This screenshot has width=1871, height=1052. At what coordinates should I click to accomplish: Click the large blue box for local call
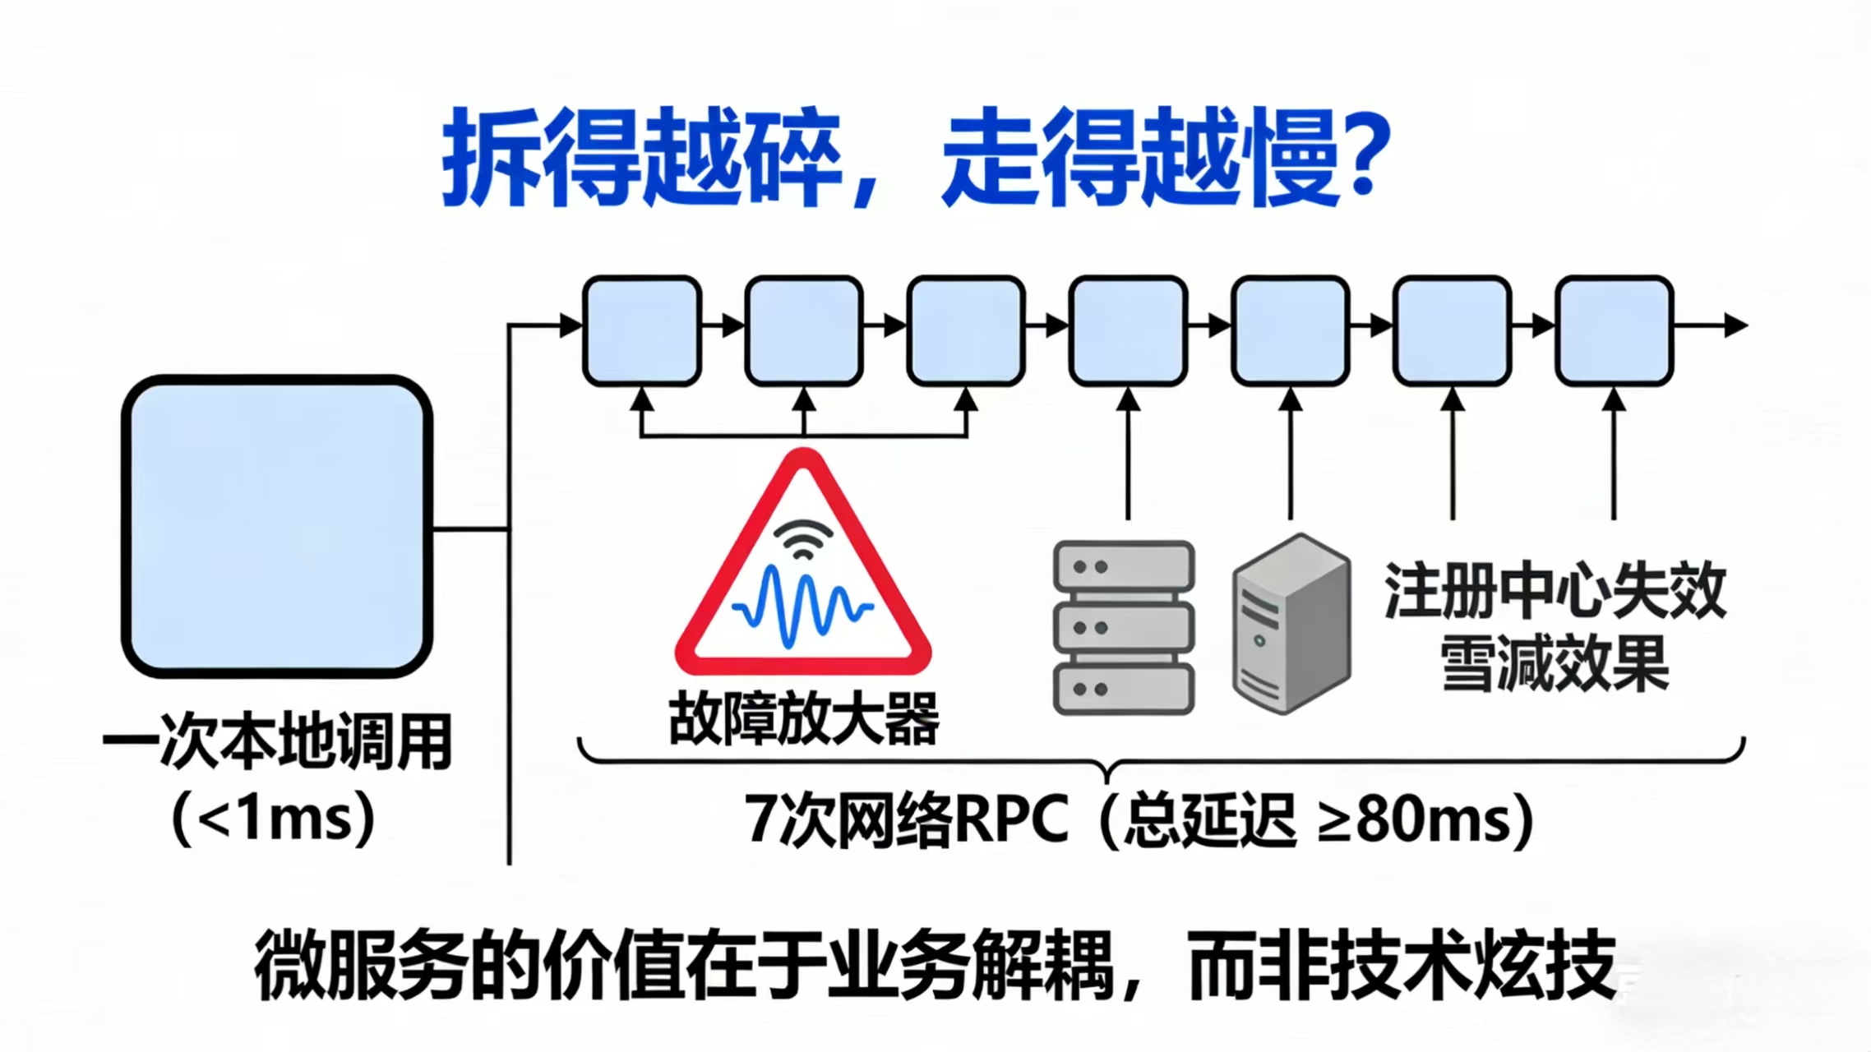(x=277, y=526)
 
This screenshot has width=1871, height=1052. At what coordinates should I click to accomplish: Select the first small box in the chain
(x=642, y=330)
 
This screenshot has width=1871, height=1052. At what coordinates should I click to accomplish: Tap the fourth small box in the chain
(x=1128, y=330)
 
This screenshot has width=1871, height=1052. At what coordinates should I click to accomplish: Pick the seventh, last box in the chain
(x=1614, y=330)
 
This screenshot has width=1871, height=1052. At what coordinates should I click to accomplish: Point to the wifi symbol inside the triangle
(x=803, y=538)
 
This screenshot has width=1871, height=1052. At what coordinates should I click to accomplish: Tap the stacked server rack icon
(x=1123, y=627)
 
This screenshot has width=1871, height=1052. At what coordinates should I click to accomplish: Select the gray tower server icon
(x=1291, y=623)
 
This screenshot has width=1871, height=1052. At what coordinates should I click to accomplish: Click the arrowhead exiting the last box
(x=1735, y=325)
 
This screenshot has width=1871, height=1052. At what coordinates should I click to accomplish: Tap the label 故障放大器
(x=803, y=718)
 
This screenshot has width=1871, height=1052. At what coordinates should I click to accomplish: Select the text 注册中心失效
(x=1555, y=590)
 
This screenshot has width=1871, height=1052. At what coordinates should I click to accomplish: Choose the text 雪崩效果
(x=1555, y=662)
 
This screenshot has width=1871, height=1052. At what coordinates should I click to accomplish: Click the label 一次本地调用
(x=277, y=741)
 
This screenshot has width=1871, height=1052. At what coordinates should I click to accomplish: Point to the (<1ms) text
(x=275, y=818)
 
